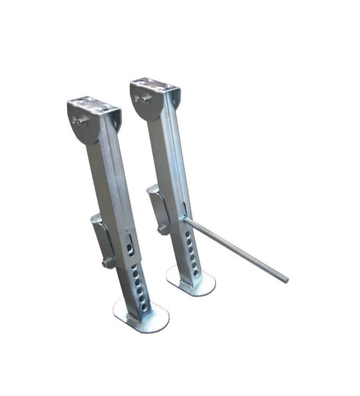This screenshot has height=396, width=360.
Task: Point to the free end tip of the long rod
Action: [286, 281]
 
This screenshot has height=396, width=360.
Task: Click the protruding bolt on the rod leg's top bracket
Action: [141, 99]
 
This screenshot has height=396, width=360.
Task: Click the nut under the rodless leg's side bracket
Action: [106, 263]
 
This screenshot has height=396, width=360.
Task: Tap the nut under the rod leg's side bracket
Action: [162, 229]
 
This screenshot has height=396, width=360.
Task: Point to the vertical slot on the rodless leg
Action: [129, 245]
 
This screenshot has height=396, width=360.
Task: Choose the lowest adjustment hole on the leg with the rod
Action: [196, 273]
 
